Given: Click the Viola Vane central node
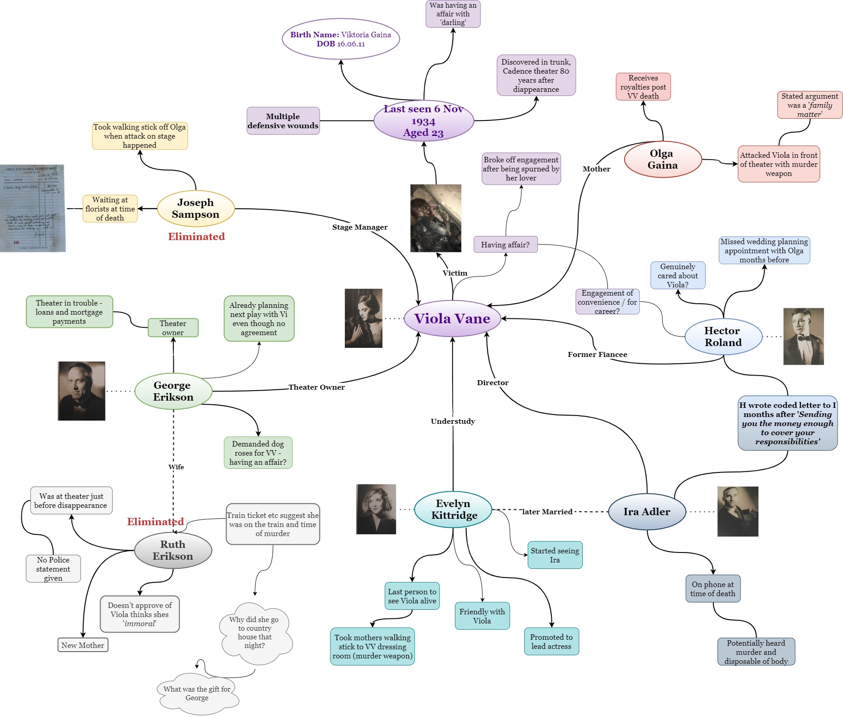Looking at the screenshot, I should click(x=452, y=319).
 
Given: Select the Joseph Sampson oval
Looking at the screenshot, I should click(x=196, y=209).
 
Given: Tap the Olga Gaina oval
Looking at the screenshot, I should click(x=662, y=160).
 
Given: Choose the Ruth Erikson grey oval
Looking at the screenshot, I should click(x=173, y=551).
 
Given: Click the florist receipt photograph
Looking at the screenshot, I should click(x=33, y=208).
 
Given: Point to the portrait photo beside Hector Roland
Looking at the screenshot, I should click(x=803, y=336).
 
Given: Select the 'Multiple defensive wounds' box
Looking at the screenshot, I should click(x=283, y=121).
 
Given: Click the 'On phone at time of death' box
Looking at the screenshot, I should click(x=712, y=589).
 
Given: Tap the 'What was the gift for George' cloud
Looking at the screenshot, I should click(x=197, y=693).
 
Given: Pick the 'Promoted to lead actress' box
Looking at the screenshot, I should click(x=551, y=642).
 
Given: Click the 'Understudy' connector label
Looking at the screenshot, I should click(x=453, y=421).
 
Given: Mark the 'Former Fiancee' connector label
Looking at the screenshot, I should click(x=597, y=355).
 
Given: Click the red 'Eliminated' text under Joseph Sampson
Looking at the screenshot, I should click(x=196, y=236).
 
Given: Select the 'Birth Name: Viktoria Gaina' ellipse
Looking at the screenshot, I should click(x=341, y=39).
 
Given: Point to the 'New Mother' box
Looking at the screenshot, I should click(x=83, y=645).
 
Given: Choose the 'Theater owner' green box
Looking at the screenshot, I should click(x=173, y=328).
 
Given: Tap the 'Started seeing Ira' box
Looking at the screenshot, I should click(x=555, y=555).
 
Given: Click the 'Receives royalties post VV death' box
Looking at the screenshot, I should click(x=643, y=87).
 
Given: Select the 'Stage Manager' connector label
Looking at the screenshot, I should click(x=360, y=227).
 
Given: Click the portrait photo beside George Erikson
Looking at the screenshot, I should click(x=81, y=391).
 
